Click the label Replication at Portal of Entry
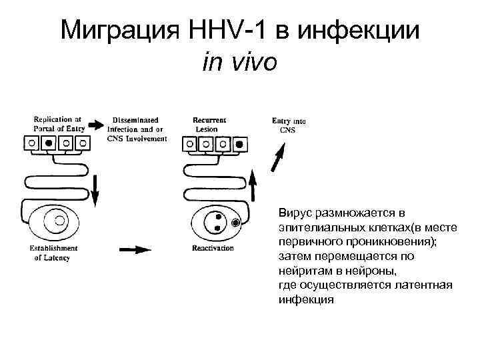pyautogui.click(x=59, y=125)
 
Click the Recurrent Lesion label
pyautogui.click(x=209, y=125)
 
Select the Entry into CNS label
pyautogui.click(x=289, y=125)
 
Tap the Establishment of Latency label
pyautogui.click(x=53, y=253)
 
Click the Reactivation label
pyautogui.click(x=213, y=248)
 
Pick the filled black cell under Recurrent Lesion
pyautogui.click(x=239, y=143)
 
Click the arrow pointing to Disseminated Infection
pyautogui.click(x=96, y=125)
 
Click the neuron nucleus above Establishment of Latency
pyautogui.click(x=59, y=220)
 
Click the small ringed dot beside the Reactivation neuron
pyautogui.click(x=235, y=223)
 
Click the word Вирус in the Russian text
pyautogui.click(x=294, y=213)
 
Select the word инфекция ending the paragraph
pyautogui.click(x=305, y=299)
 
